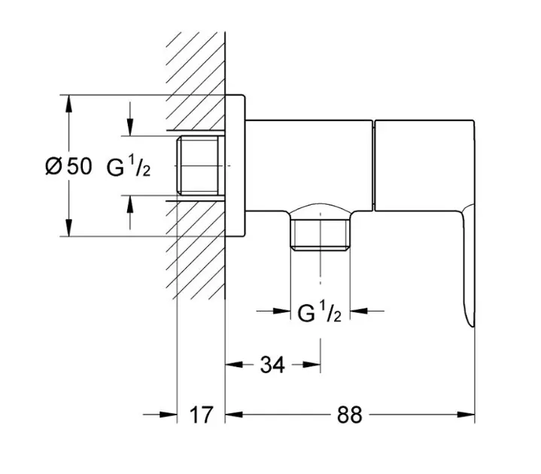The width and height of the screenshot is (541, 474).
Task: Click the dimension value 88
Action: coord(350,414)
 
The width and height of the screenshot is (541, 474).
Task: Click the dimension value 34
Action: coord(272,365)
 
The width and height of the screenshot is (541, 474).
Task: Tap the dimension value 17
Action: coord(200,414)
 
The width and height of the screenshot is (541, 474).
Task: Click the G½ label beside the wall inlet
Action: coord(129,167)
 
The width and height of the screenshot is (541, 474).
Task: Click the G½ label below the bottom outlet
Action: coord(321,312)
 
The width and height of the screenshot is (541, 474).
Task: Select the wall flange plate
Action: coord(236,166)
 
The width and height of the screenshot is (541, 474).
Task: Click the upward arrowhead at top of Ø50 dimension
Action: coord(68,102)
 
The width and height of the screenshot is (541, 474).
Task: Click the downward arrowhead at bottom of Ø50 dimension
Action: coord(68,230)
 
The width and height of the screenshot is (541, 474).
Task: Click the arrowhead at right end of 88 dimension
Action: coord(468,414)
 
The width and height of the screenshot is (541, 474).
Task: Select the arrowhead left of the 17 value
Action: coord(169,414)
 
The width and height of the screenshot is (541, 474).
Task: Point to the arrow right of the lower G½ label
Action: coord(360,310)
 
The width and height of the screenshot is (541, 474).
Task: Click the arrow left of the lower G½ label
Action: coord(283,310)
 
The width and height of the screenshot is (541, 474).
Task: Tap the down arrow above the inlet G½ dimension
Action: coord(131,129)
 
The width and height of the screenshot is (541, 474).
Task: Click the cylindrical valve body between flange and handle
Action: coord(308,162)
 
